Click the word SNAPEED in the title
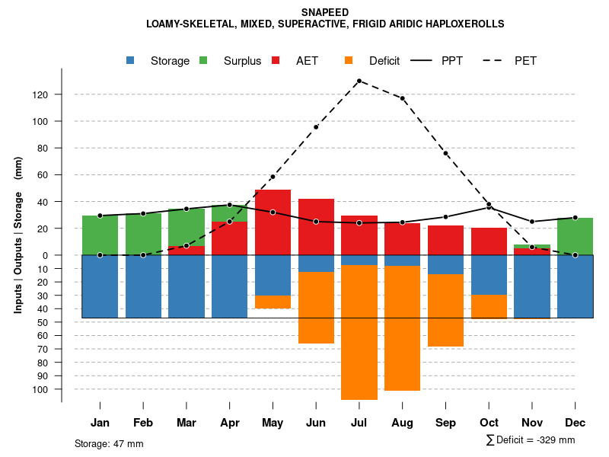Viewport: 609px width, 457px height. [325, 12]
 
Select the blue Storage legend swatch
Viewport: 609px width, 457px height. [131, 60]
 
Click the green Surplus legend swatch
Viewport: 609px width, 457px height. [203, 60]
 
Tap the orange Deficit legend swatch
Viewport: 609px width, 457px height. [349, 60]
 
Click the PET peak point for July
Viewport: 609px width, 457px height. [359, 81]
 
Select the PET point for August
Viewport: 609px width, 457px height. [402, 98]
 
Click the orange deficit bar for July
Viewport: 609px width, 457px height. [359, 332]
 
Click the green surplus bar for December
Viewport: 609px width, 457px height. [575, 236]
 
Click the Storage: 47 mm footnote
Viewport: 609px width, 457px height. [109, 443]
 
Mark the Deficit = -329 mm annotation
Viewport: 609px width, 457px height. [530, 440]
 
